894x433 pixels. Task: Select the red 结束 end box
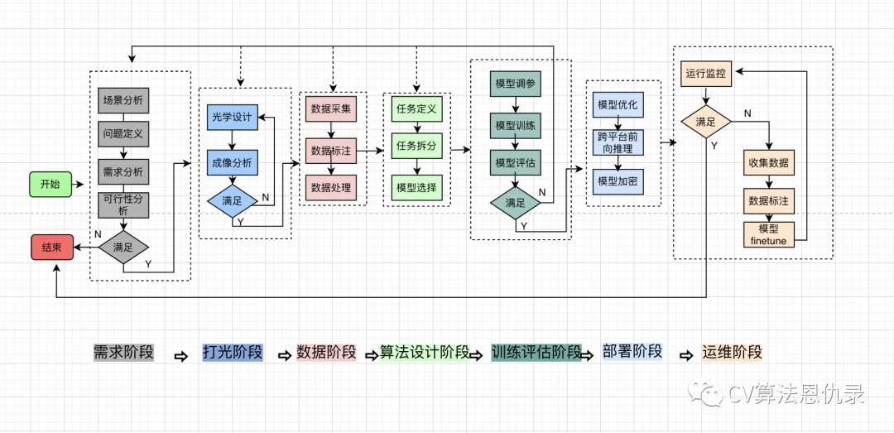point(51,246)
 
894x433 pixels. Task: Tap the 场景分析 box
point(123,101)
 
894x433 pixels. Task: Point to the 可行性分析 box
point(123,204)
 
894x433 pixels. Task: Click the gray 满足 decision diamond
point(123,246)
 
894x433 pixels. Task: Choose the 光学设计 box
point(231,118)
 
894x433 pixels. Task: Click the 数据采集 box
point(331,108)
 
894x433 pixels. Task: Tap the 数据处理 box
point(331,188)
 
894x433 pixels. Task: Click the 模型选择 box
point(416,187)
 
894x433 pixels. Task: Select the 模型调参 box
point(515,84)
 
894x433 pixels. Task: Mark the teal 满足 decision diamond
point(515,202)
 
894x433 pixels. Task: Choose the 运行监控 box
point(706,74)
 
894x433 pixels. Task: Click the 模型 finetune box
point(769,233)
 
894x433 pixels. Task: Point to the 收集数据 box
point(769,162)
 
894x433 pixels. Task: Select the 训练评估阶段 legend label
point(536,352)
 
